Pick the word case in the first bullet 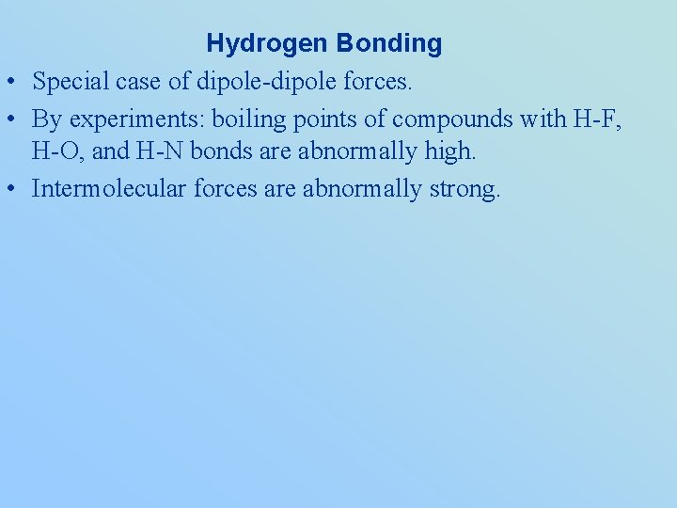click(141, 83)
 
